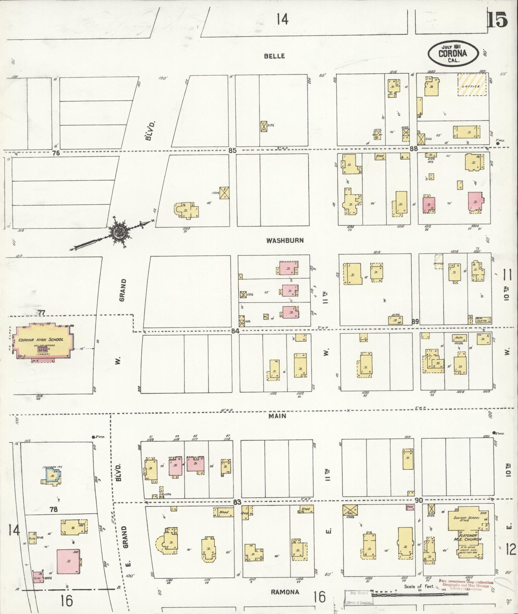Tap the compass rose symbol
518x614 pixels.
tap(120, 232)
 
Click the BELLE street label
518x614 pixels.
tap(274, 56)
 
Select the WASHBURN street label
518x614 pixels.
tap(285, 240)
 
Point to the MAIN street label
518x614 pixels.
tap(278, 416)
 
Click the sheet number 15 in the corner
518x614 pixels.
tap(497, 19)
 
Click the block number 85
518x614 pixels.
tap(232, 151)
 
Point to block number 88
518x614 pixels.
tap(414, 149)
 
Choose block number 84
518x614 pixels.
tap(235, 331)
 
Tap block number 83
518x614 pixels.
tap(237, 502)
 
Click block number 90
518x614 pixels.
tap(418, 500)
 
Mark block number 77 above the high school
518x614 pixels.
tap(42, 313)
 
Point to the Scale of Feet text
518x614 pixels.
tap(419, 586)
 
